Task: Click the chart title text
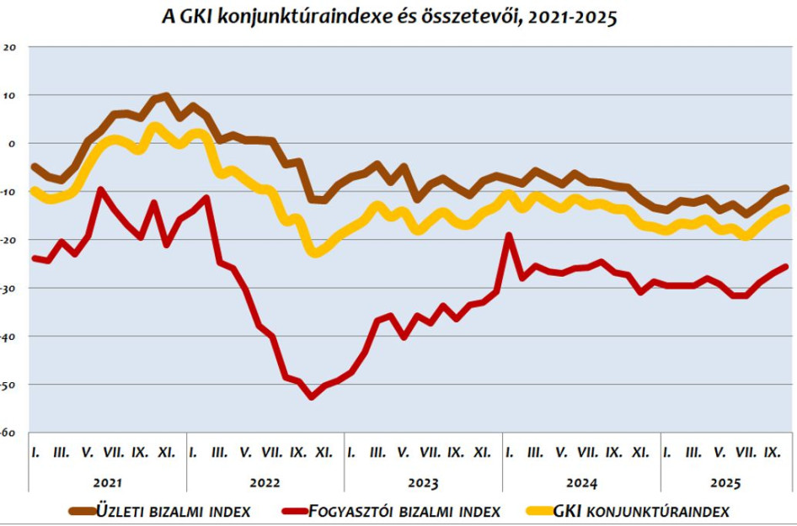tap(389, 18)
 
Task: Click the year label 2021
tap(108, 483)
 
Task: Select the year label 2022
tap(266, 483)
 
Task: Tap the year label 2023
tap(424, 483)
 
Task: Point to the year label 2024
tap(581, 483)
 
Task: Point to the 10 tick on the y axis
tap(10, 95)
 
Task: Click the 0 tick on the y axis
tap(13, 144)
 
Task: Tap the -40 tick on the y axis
tap(8, 337)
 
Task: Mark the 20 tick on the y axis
tap(10, 47)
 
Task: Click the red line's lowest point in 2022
tap(312, 397)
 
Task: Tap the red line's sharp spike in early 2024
tap(509, 236)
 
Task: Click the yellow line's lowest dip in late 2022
tap(316, 252)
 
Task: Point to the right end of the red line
tap(786, 267)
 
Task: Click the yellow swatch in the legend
tap(540, 510)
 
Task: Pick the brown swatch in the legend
tap(83, 510)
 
